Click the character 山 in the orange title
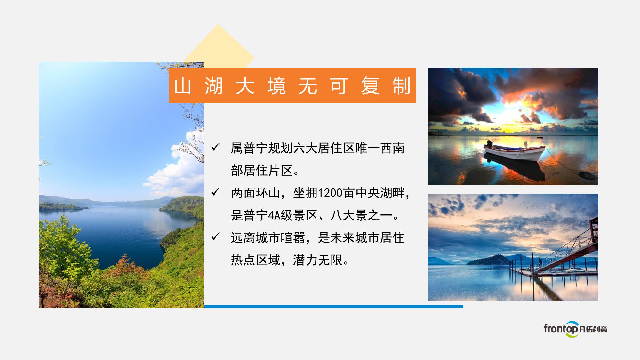pos(183,86)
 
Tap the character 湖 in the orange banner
pos(214,86)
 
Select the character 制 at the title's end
pos(402,86)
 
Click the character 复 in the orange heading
pos(370,86)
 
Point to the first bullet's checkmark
pos(216,147)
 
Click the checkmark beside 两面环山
pos(216,192)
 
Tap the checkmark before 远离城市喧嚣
pos(216,237)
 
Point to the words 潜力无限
pos(317,260)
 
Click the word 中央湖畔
pos(380,193)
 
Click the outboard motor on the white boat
pos(489,144)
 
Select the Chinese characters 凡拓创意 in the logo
pos(593,329)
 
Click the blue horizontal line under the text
pos(334,307)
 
